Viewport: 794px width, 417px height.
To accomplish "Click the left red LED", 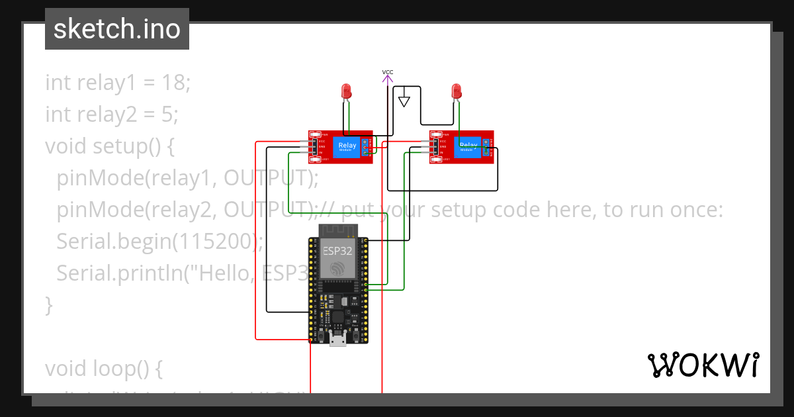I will [x=345, y=91].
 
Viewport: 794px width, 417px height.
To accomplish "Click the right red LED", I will [x=455, y=91].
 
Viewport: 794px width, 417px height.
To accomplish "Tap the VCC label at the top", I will [x=388, y=71].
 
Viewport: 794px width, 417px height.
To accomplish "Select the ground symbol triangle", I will [x=404, y=102].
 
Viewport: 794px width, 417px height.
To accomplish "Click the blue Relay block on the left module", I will [x=347, y=147].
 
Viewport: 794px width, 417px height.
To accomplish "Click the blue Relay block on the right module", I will [x=469, y=147].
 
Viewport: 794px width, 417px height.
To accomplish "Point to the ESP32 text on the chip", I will [x=337, y=251].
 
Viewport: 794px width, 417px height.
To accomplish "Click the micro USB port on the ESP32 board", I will [x=338, y=340].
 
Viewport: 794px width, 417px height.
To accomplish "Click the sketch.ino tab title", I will [x=117, y=29].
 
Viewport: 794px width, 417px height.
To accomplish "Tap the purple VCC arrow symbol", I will [x=388, y=80].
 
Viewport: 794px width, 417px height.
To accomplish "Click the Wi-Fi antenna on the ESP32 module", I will [x=337, y=230].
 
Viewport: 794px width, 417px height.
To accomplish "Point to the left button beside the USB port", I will [x=321, y=338].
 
